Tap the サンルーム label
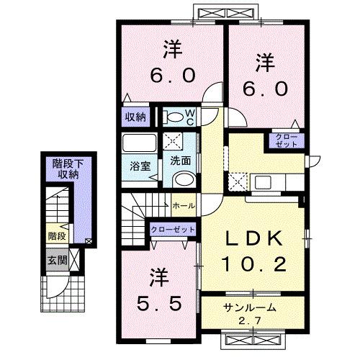(x=248, y=307)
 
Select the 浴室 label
(x=139, y=166)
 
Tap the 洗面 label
(x=179, y=161)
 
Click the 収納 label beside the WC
(x=136, y=114)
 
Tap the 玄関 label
(x=58, y=260)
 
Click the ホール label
(x=183, y=206)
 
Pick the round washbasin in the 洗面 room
(x=184, y=179)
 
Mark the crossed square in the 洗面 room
(x=175, y=141)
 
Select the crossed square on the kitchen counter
(x=237, y=180)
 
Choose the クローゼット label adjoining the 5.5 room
(x=174, y=228)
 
